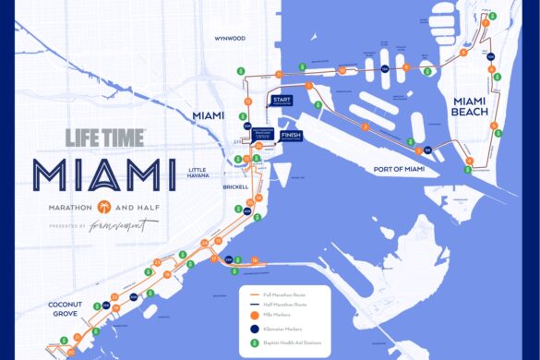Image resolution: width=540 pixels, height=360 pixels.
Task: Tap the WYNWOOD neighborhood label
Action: tap(229, 39)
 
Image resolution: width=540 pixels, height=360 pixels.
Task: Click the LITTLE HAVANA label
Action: tap(200, 173)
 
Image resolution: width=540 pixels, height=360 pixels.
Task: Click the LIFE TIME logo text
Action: tap(105, 138)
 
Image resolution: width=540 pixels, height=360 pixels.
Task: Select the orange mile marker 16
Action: tap(253, 261)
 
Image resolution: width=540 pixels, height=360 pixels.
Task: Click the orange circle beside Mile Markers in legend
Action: tap(254, 313)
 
